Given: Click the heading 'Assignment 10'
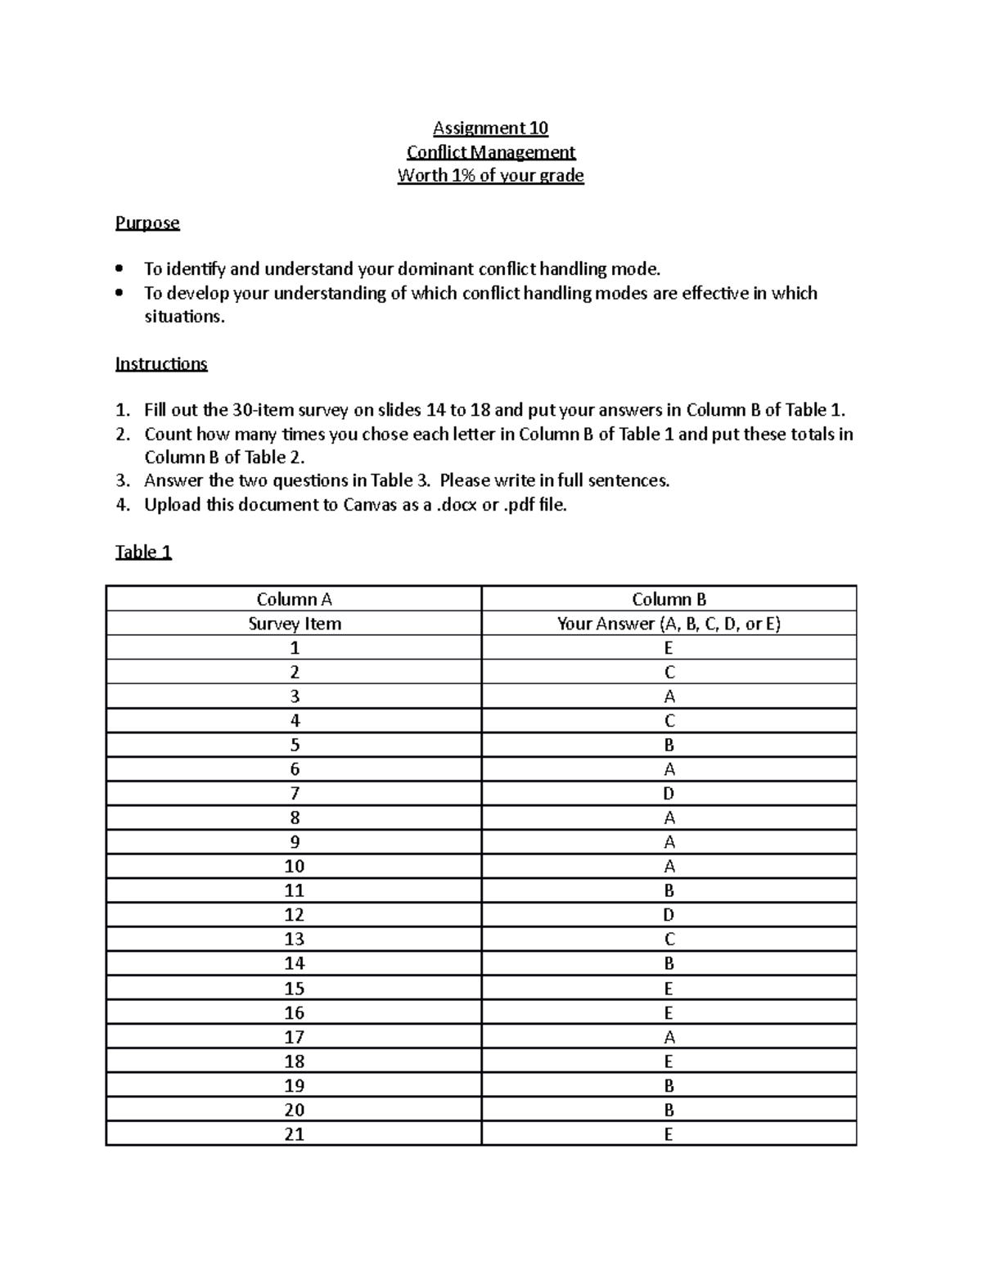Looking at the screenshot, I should tap(490, 128).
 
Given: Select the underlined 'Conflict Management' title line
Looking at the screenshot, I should tap(490, 151).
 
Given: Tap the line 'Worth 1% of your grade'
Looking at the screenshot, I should tap(490, 175).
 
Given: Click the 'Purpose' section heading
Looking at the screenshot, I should tap(147, 223).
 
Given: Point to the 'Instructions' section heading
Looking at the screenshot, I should tap(161, 363).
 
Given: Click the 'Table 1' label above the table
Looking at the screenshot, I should tap(143, 552).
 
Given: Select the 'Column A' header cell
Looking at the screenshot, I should tap(294, 599).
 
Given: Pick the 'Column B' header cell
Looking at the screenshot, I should tap(669, 599).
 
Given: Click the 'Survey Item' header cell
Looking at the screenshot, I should tap(294, 624).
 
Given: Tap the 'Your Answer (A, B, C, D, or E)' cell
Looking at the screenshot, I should tap(669, 624).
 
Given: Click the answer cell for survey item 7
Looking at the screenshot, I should tap(669, 794).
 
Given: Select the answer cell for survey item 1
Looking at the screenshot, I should tap(669, 648).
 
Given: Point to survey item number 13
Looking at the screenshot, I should tap(294, 940).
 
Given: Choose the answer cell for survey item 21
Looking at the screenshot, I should tap(669, 1134).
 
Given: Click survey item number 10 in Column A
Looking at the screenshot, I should tap(294, 867).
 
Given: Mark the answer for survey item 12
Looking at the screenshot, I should tap(669, 915).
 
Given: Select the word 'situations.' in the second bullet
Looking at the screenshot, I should tap(184, 317).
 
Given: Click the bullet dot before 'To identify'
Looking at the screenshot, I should tap(120, 268).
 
